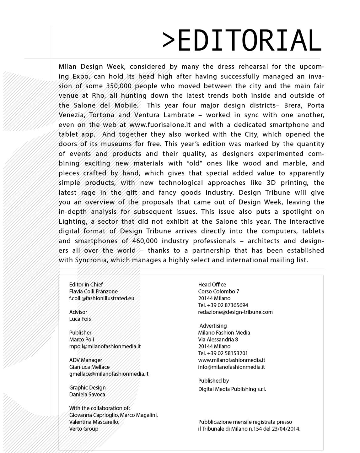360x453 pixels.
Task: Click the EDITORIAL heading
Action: tap(242, 41)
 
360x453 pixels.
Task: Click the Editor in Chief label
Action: tap(86, 285)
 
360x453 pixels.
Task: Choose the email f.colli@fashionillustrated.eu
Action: tap(102, 298)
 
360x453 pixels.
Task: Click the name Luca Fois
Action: tap(80, 319)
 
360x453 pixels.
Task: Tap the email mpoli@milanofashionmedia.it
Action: tap(105, 346)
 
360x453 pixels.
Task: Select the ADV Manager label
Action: tap(86, 360)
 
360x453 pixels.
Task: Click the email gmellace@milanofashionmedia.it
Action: tap(109, 374)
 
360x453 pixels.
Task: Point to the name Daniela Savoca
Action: tap(87, 394)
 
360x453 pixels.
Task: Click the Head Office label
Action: tap(212, 285)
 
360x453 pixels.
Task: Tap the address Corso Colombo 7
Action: tap(218, 292)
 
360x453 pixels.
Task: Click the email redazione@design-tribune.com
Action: tap(235, 312)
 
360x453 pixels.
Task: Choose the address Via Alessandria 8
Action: tap(218, 339)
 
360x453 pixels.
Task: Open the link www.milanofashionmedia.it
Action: tap(232, 360)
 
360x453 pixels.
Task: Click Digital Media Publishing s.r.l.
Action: tap(232, 389)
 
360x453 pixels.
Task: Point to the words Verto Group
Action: tap(84, 428)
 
